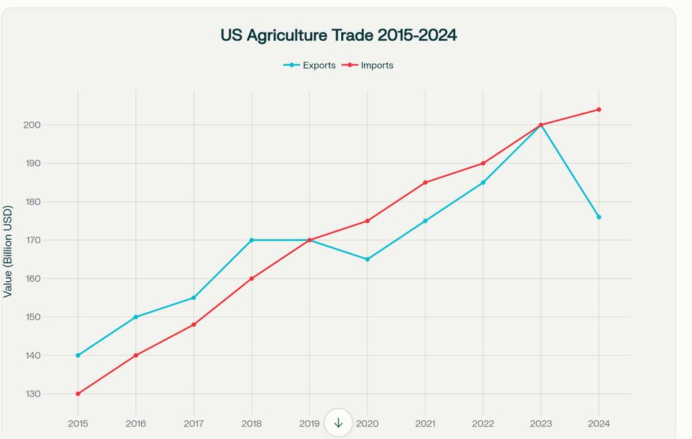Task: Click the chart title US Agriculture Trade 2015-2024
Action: pyautogui.click(x=338, y=35)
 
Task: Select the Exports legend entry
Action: pyautogui.click(x=309, y=65)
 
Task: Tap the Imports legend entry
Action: pyautogui.click(x=367, y=65)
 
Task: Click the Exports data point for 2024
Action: pyautogui.click(x=599, y=217)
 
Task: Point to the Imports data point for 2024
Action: pyautogui.click(x=599, y=109)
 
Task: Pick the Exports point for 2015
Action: pyautogui.click(x=78, y=355)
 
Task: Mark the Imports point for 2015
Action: pyautogui.click(x=78, y=394)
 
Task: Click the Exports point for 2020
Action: pyautogui.click(x=367, y=259)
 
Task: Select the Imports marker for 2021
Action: pyautogui.click(x=425, y=183)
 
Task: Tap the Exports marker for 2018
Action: pyautogui.click(x=252, y=240)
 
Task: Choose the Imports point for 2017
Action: pyautogui.click(x=194, y=325)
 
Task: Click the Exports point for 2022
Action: pyautogui.click(x=483, y=183)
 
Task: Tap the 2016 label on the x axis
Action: pyautogui.click(x=136, y=422)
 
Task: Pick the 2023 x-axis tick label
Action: pyautogui.click(x=540, y=422)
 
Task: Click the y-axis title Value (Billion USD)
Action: pyautogui.click(x=8, y=251)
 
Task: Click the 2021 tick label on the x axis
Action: pyautogui.click(x=425, y=422)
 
